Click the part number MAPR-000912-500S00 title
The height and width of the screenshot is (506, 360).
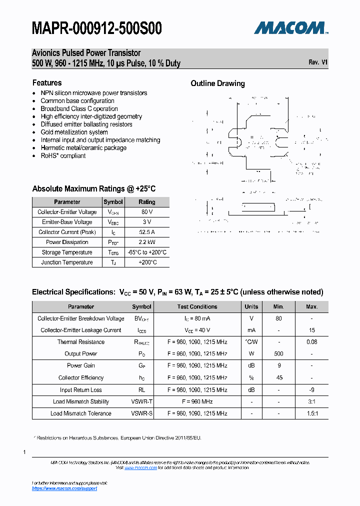(96, 28)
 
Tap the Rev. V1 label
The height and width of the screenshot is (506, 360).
(318, 62)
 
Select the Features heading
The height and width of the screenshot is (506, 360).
(47, 83)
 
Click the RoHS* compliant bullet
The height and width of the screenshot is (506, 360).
(63, 156)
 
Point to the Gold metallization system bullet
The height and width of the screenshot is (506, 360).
(74, 132)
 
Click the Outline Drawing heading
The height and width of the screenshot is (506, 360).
(217, 83)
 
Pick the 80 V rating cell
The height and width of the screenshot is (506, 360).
(146, 212)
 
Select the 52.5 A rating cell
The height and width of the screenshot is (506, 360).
(146, 232)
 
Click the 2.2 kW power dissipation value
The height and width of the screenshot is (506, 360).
(146, 242)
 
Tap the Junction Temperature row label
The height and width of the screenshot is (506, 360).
(67, 262)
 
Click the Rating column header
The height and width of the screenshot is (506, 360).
(146, 202)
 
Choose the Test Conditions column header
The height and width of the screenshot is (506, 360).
(197, 306)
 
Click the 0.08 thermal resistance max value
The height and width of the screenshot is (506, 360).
(311, 342)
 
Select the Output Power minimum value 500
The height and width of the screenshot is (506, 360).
(278, 353)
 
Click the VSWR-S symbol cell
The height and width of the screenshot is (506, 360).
(142, 413)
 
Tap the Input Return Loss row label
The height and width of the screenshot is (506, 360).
(80, 390)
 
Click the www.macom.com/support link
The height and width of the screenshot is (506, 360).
(64, 488)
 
